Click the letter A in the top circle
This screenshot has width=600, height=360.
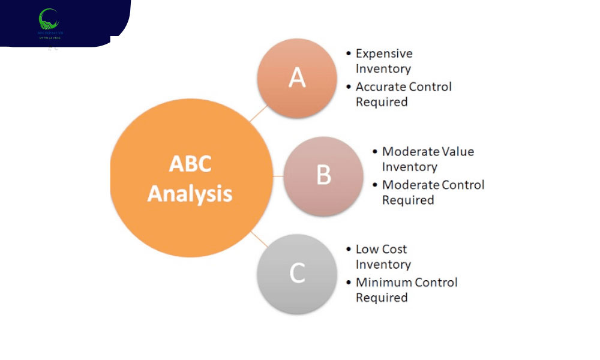[297, 77]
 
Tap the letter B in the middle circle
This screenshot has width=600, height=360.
[323, 175]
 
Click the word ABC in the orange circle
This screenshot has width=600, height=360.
[190, 164]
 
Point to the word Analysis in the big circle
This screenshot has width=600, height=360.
[190, 194]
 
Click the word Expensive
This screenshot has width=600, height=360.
[384, 53]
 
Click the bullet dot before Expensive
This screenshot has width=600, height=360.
[349, 53]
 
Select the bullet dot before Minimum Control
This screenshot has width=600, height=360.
[349, 282]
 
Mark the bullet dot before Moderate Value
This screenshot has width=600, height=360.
[375, 151]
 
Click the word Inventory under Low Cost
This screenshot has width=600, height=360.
[383, 265]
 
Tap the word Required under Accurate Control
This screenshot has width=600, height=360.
[382, 102]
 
